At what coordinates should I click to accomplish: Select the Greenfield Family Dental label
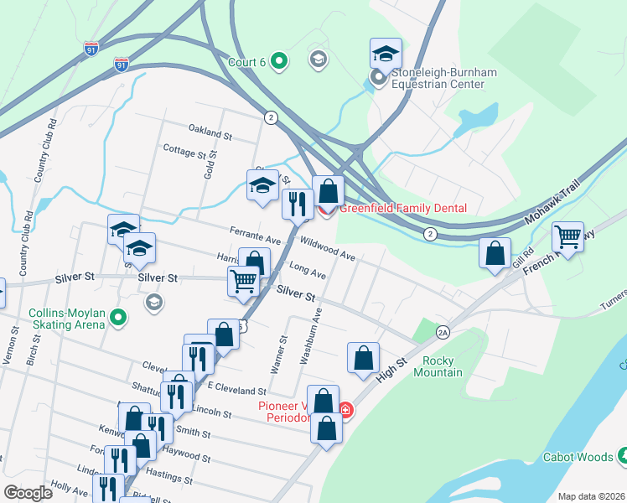[402, 208]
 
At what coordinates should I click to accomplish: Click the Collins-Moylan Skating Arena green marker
[118, 318]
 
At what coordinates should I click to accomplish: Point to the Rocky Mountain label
[438, 366]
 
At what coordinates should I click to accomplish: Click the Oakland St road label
[210, 133]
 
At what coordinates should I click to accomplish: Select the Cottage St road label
[184, 152]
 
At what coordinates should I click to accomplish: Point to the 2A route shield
[443, 333]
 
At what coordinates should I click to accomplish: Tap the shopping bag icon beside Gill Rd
[495, 251]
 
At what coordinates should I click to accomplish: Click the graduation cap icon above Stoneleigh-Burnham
[386, 53]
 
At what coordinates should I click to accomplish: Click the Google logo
[28, 493]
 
